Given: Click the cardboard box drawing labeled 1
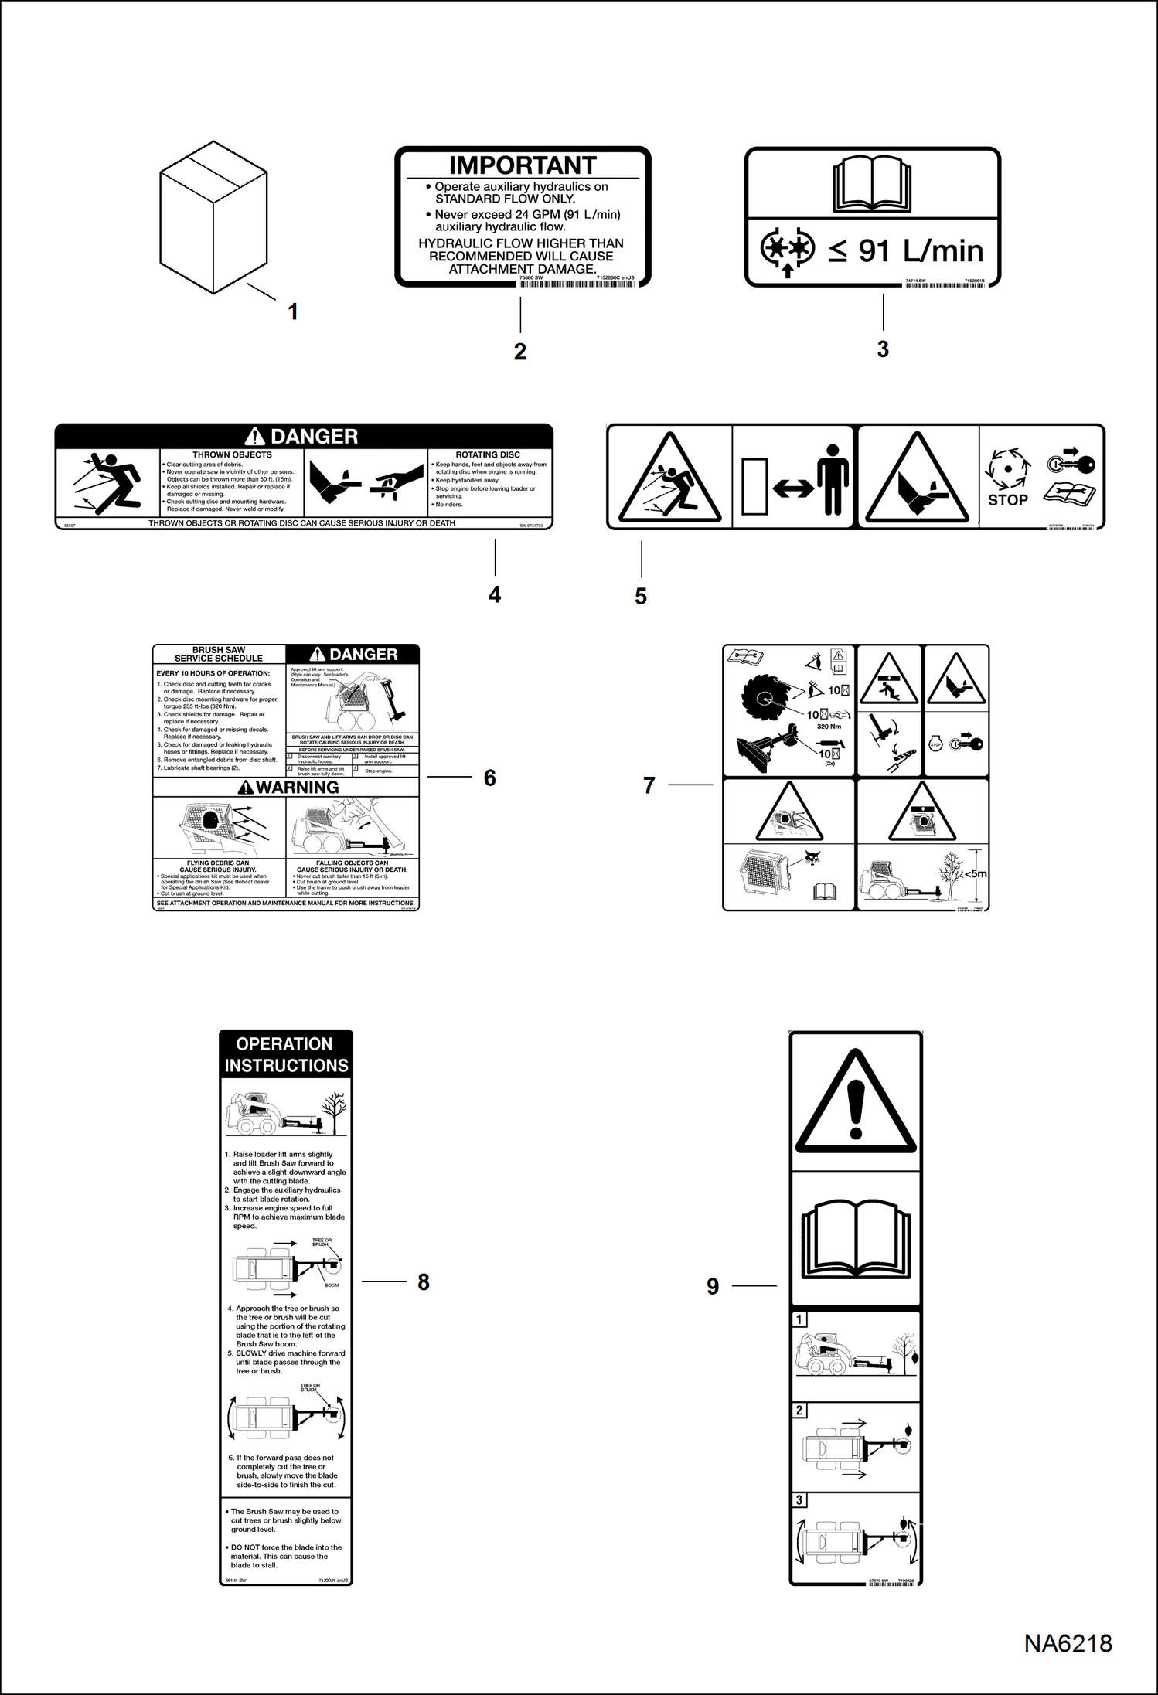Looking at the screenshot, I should [213, 218].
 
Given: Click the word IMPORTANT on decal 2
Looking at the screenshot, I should [523, 165].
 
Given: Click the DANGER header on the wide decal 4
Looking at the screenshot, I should [303, 436].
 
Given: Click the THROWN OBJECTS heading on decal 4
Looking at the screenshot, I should [232, 454].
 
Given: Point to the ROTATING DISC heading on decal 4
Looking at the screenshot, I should [488, 454].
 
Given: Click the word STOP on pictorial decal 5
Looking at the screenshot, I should [1007, 500].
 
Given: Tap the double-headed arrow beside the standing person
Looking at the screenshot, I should [792, 488].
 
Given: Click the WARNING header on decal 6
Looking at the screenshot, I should [288, 787].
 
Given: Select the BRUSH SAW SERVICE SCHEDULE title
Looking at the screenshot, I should [219, 654].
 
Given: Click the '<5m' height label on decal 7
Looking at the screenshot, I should [975, 874].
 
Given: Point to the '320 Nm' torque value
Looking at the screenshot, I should [829, 727].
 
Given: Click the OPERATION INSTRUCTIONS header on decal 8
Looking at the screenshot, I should [285, 1054].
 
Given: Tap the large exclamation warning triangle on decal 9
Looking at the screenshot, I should [855, 1101].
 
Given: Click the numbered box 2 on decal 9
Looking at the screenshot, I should [800, 1411].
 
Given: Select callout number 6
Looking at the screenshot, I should [489, 778].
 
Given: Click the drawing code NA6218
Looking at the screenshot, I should [1068, 1643].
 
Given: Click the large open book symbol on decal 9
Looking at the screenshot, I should [857, 1239].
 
